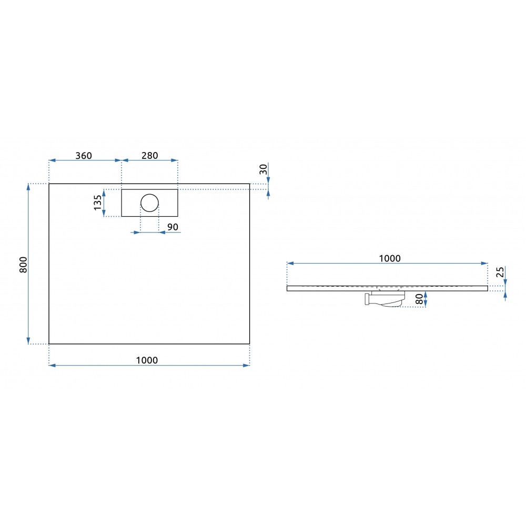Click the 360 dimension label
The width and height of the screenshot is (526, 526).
(84, 156)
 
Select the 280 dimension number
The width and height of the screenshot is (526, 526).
(149, 156)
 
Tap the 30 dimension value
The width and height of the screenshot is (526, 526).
(264, 169)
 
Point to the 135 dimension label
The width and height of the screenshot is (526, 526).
(98, 203)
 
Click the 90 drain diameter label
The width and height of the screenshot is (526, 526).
(173, 227)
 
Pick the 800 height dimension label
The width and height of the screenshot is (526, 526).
(23, 265)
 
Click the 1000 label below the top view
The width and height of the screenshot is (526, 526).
(147, 360)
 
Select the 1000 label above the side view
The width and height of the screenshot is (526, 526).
(390, 258)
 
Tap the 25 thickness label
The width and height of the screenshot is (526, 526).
(500, 272)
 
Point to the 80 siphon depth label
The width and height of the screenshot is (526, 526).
(419, 299)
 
